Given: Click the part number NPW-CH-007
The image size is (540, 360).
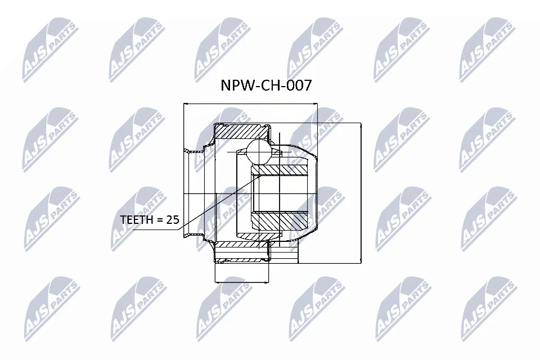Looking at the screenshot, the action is pos(266,85).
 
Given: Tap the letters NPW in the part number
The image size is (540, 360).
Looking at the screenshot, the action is pos(236,85).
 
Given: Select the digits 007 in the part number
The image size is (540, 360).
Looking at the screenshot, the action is pos(299,85).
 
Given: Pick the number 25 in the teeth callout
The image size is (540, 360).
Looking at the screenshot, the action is pos(173,219).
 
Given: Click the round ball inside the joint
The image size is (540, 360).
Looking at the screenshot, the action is pos(259,151).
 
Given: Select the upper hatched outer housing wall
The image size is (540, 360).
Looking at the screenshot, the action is pos(241,132).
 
